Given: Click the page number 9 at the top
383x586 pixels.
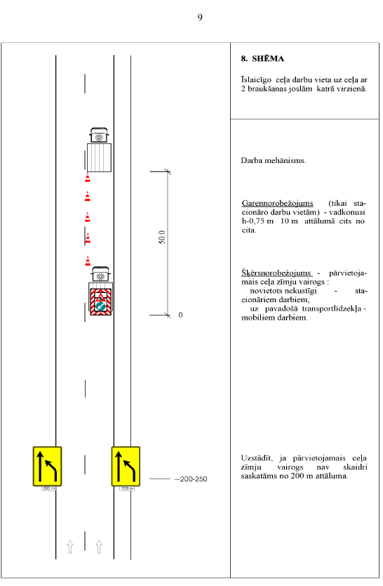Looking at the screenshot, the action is tap(200, 18).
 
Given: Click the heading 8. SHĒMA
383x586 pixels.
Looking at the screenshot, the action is tap(262, 59).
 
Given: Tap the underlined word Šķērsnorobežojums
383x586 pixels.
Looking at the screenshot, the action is tap(276, 273).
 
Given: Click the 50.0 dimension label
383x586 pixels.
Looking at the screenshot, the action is tap(162, 237).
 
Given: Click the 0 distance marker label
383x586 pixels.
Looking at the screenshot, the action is tap(180, 315).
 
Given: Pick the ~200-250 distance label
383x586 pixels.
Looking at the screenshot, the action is tap(191, 479).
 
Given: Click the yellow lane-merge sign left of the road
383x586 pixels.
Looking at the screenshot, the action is tap(48, 467).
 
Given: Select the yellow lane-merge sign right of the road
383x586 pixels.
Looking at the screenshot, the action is tap(126, 467).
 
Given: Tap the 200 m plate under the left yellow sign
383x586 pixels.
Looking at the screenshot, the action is tap(49, 488).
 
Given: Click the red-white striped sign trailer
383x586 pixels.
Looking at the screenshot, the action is tap(101, 301).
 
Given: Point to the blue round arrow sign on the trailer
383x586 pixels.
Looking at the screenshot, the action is tap(100, 306).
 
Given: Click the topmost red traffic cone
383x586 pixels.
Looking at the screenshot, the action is tap(87, 178).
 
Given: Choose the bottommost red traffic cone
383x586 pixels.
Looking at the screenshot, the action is tap(88, 261).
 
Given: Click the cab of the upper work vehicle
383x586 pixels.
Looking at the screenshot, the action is tap(99, 136).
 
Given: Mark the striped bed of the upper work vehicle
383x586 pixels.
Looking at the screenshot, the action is tap(99, 157).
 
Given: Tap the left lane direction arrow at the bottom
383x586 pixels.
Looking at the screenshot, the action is tap(69, 547).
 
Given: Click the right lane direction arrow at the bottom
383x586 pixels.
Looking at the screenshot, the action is tap(99, 547).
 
